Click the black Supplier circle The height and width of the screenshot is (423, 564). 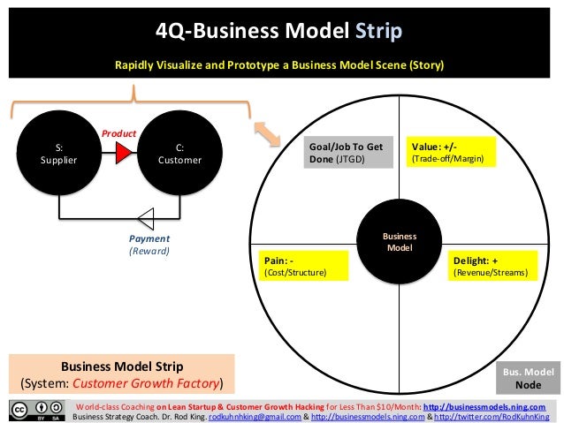[x=59, y=155]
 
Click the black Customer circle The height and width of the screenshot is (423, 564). [x=179, y=155]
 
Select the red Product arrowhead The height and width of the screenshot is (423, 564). [x=123, y=155]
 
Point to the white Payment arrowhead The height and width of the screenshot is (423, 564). [x=146, y=216]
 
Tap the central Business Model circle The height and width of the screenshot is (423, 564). [x=400, y=242]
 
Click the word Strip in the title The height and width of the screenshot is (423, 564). [x=379, y=33]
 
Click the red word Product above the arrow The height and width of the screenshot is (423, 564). [x=118, y=133]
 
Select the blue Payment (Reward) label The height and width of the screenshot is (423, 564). [x=149, y=245]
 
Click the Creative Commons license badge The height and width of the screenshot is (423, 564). [x=36, y=411]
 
